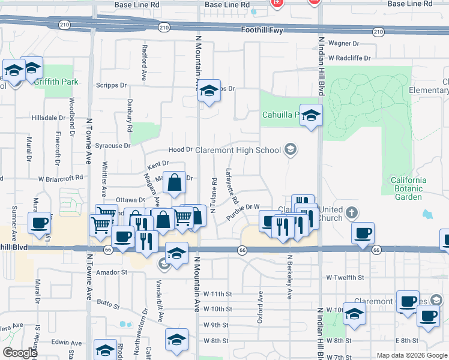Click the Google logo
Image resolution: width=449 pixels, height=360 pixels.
click(20, 353)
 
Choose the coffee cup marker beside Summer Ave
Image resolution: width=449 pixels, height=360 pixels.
click(40, 223)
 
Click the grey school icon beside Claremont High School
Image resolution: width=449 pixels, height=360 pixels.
click(291, 149)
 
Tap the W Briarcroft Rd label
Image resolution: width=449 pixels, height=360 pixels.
click(60, 178)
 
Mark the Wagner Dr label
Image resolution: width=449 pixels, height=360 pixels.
click(343, 43)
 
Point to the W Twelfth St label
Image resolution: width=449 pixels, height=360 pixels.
click(345, 277)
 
